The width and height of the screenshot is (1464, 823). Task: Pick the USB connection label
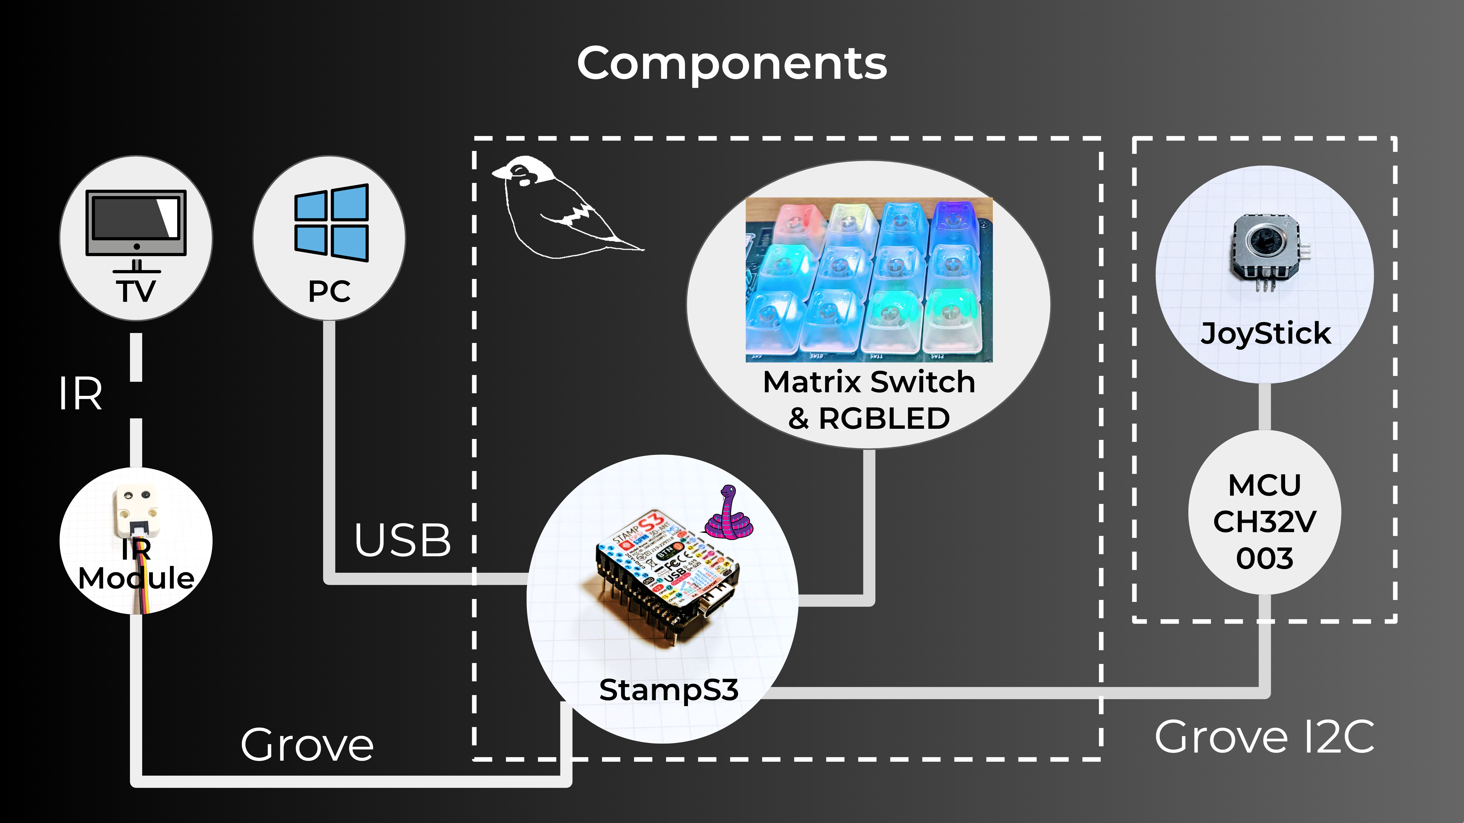402,540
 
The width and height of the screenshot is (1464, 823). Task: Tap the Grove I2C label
1264,737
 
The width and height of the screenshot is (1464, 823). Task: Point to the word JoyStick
1266,334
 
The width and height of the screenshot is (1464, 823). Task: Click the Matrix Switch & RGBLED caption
869,400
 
